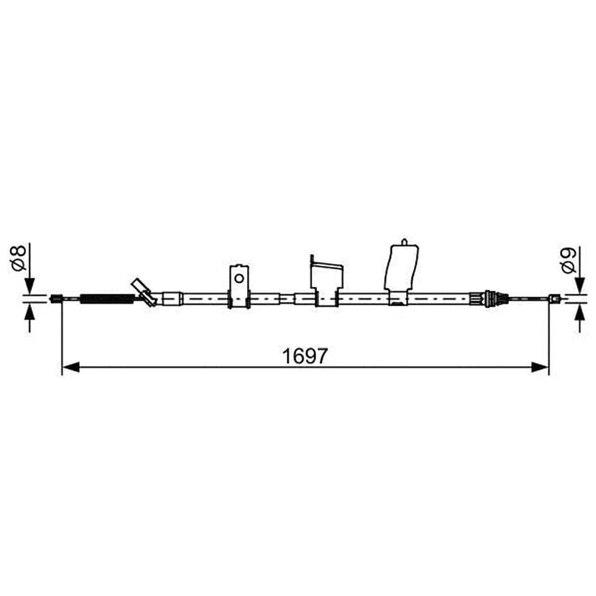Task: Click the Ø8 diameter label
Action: pyautogui.click(x=18, y=258)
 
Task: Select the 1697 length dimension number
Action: pyautogui.click(x=304, y=356)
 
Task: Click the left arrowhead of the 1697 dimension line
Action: pyautogui.click(x=71, y=367)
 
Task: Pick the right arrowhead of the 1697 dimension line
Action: pyautogui.click(x=540, y=367)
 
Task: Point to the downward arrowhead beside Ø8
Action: pyautogui.click(x=29, y=286)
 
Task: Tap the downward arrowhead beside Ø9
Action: pyautogui.click(x=579, y=286)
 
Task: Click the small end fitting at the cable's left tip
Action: pyautogui.click(x=56, y=299)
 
